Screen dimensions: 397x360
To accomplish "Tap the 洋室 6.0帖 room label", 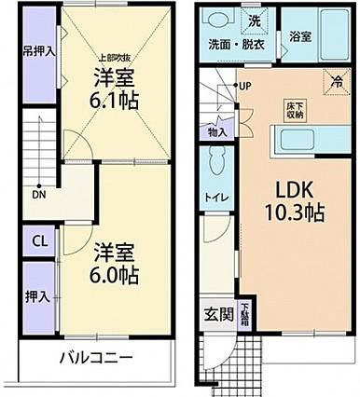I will [x=116, y=264].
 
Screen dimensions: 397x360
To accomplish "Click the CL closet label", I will [x=39, y=240].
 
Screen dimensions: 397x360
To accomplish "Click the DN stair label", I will [x=39, y=195].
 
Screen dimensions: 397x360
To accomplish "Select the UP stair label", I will [x=244, y=87].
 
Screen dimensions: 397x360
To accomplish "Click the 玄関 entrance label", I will [x=215, y=313].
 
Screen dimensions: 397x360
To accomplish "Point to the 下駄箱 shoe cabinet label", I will [x=244, y=312].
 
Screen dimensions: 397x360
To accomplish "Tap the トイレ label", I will [x=214, y=198].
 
